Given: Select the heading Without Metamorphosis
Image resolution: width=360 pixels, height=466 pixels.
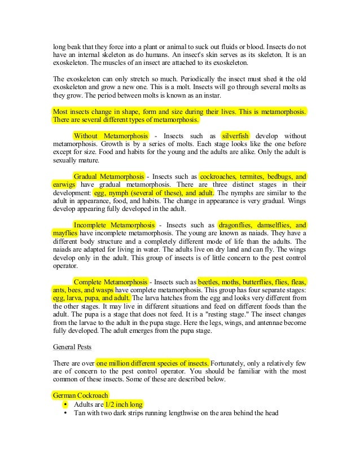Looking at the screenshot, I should click(x=111, y=136).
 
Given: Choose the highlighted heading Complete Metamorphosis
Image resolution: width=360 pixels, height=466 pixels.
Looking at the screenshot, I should click(x=111, y=282).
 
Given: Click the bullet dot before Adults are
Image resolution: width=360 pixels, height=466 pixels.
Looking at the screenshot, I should click(x=66, y=405).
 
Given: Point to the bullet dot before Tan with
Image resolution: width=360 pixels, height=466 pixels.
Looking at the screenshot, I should click(x=66, y=413).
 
